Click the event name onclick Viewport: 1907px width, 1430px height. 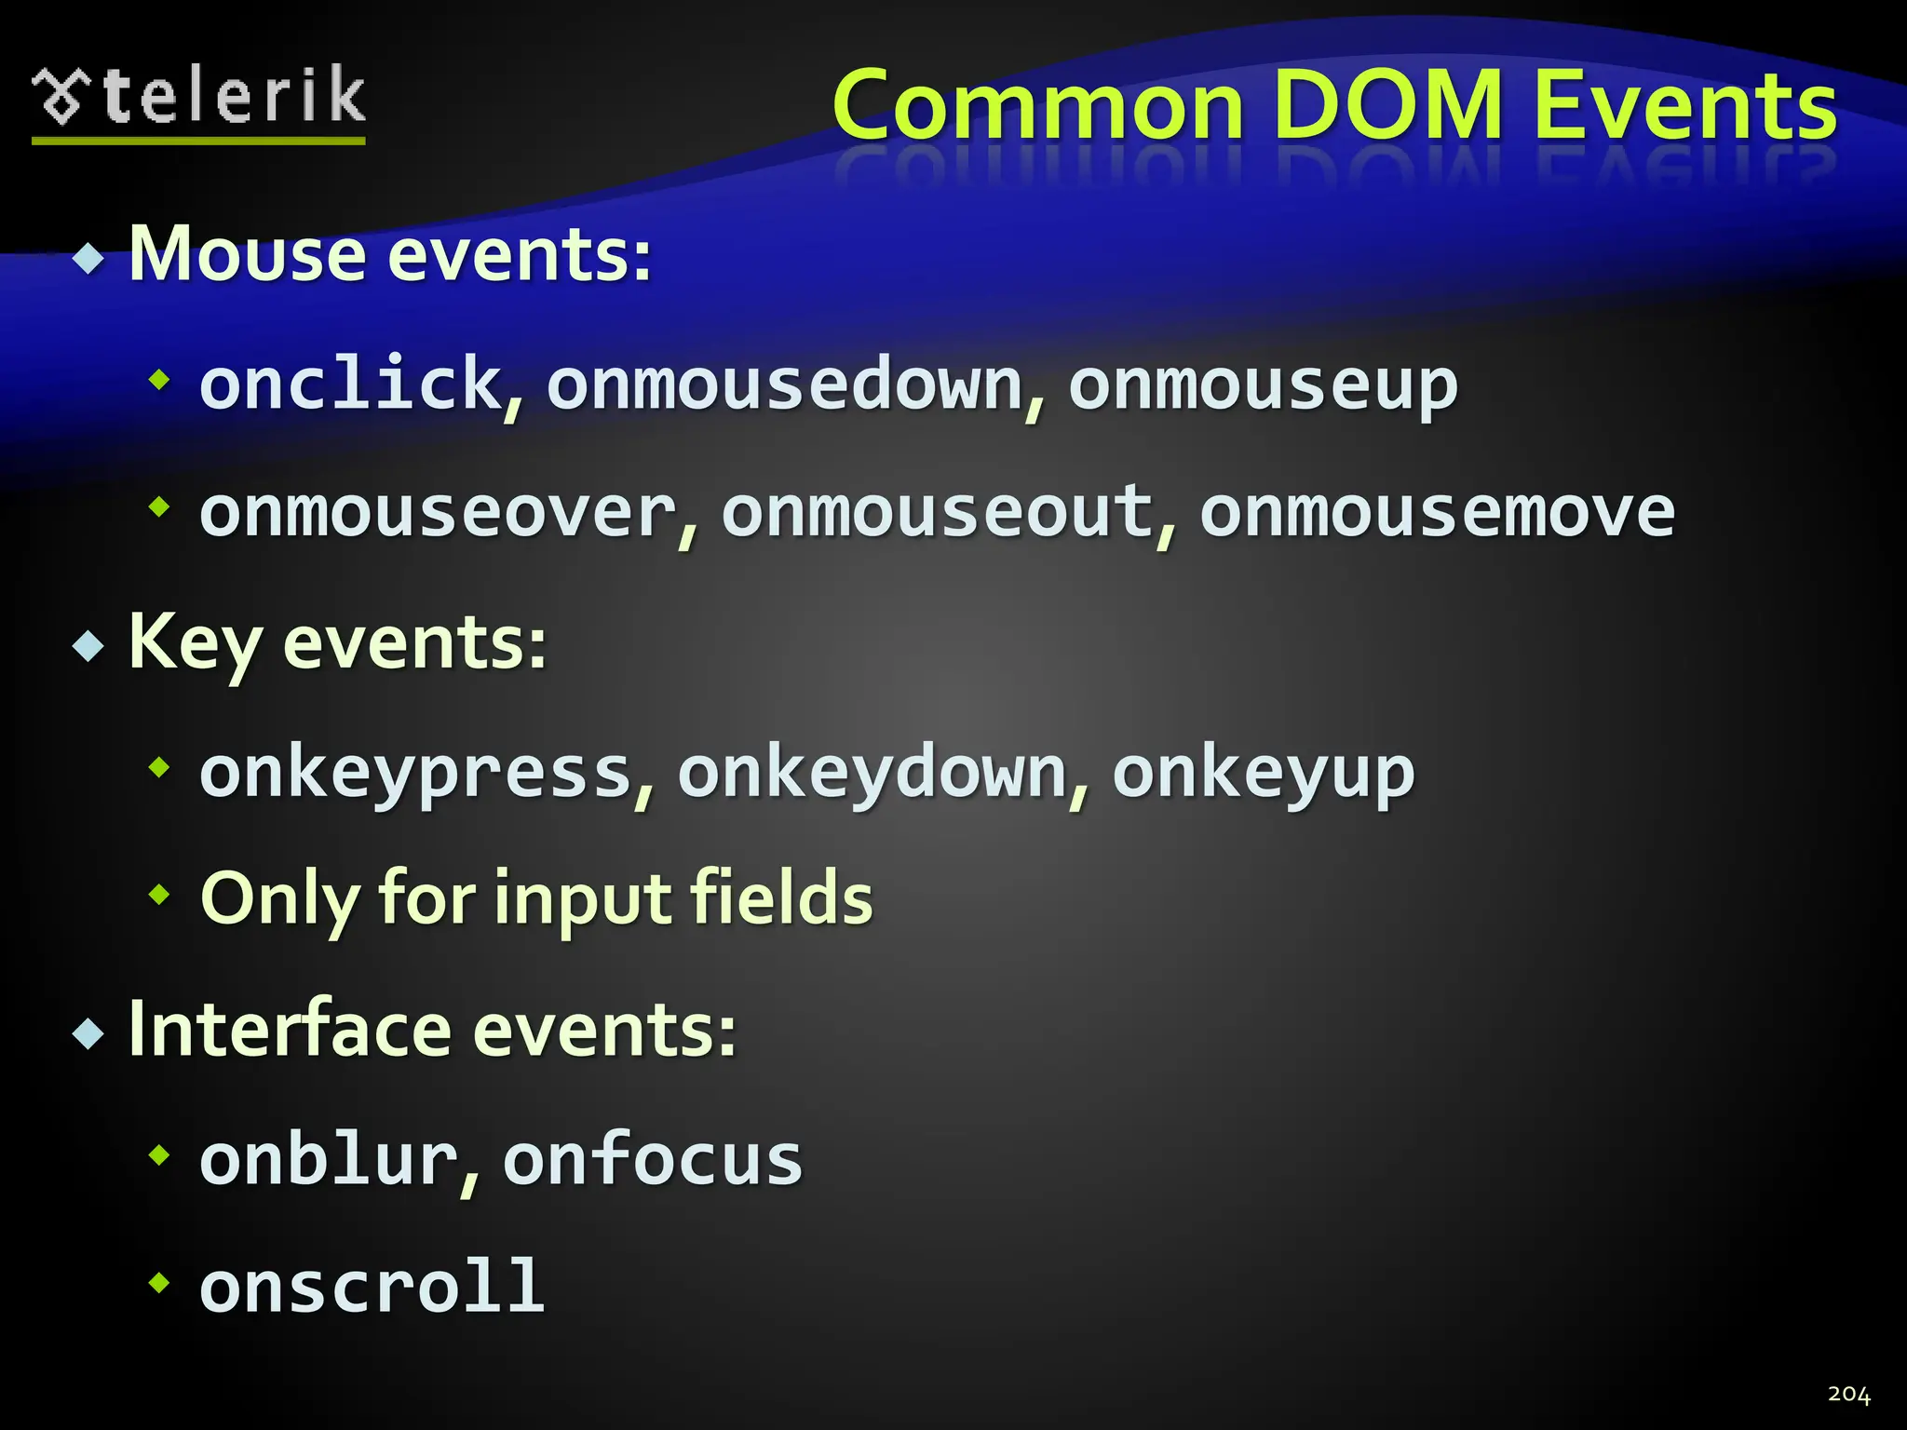(350, 384)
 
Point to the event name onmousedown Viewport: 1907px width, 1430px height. (785, 384)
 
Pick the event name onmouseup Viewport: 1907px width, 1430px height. (1263, 385)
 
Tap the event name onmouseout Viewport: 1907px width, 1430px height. (937, 512)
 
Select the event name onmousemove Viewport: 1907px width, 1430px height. (1437, 512)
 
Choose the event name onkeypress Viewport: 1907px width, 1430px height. (416, 773)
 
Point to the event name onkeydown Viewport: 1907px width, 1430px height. (872, 773)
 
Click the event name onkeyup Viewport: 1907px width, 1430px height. (1264, 773)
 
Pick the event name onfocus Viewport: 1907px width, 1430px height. (652, 1160)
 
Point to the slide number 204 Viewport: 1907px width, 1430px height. (1848, 1394)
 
